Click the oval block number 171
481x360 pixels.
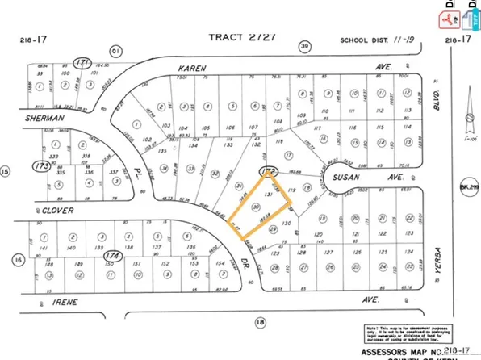tap(80, 63)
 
